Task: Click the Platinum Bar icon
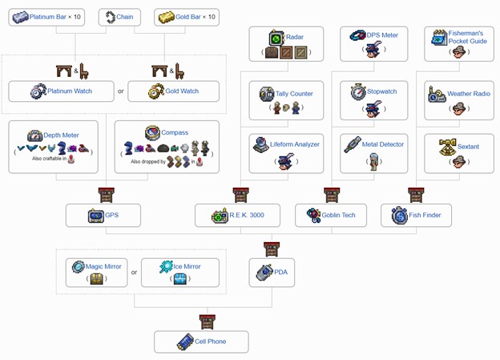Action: tap(20, 17)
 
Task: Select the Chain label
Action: tap(125, 17)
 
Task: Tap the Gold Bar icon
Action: tap(167, 17)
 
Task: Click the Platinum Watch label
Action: tap(70, 91)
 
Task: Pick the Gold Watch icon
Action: tap(156, 91)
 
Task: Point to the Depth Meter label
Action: tap(61, 135)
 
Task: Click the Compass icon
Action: tap(152, 133)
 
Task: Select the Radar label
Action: tap(295, 37)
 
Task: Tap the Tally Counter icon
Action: tap(267, 94)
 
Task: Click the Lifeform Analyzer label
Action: tap(295, 144)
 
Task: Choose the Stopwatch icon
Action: tap(358, 92)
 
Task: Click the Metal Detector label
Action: tap(383, 144)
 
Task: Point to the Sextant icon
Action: tap(448, 147)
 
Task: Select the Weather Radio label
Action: tap(469, 94)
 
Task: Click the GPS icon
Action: tap(96, 216)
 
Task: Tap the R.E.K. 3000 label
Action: tap(247, 215)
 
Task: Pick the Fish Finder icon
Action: tap(400, 216)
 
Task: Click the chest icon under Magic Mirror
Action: tap(96, 278)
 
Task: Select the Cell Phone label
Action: tap(210, 342)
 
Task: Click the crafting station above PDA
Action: tap(272, 249)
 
